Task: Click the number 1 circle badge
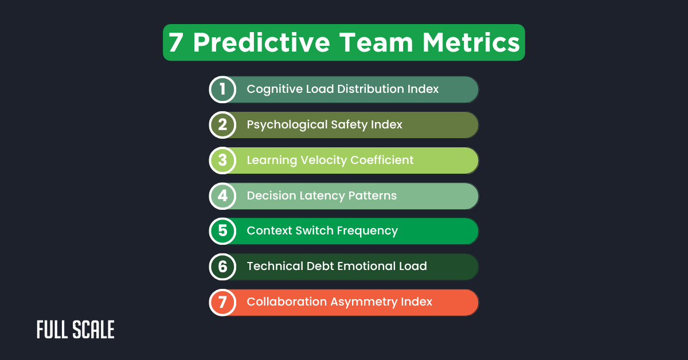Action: click(x=222, y=89)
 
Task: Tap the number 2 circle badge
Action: click(x=222, y=125)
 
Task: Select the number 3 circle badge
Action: click(x=222, y=161)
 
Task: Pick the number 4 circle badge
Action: click(x=222, y=196)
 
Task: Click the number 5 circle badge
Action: click(x=222, y=231)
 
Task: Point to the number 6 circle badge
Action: click(x=222, y=267)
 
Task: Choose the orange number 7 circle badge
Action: click(x=222, y=302)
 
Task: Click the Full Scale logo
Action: click(x=76, y=330)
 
